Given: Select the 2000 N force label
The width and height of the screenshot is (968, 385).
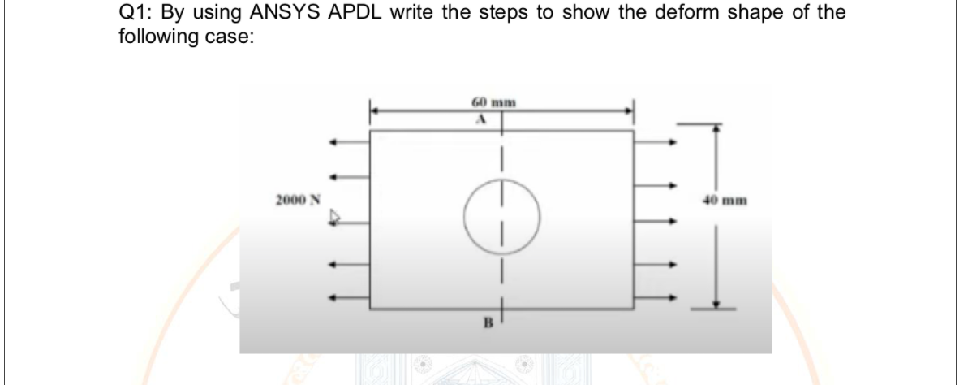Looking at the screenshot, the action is (x=297, y=199).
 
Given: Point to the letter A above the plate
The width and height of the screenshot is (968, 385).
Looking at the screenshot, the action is (x=480, y=119).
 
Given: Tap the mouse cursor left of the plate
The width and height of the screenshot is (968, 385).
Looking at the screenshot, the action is (x=333, y=218).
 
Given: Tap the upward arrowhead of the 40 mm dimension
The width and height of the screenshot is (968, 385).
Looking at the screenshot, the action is (x=716, y=128).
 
